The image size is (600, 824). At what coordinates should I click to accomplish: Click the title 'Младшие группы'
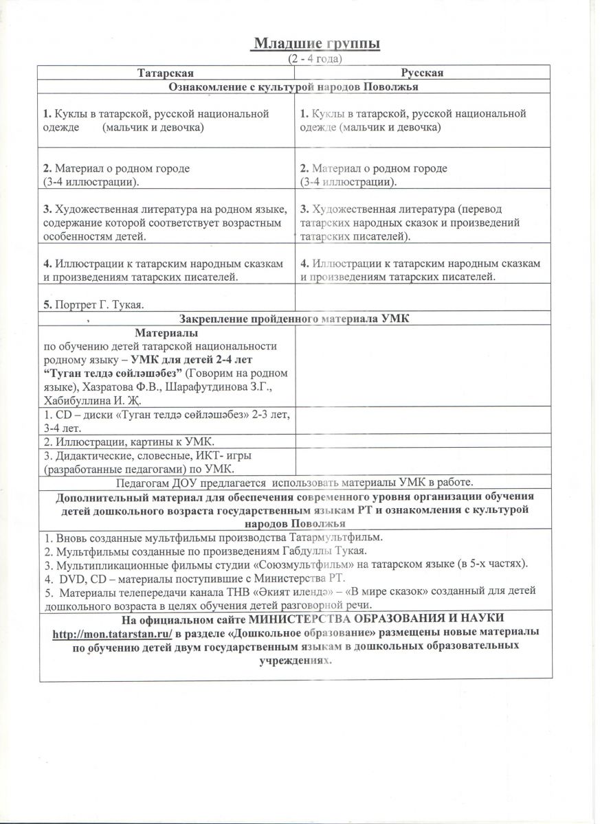coord(317,44)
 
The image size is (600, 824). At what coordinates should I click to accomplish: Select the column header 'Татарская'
coord(165,73)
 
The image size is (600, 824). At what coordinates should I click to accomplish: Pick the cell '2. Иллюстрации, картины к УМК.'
coord(118,440)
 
